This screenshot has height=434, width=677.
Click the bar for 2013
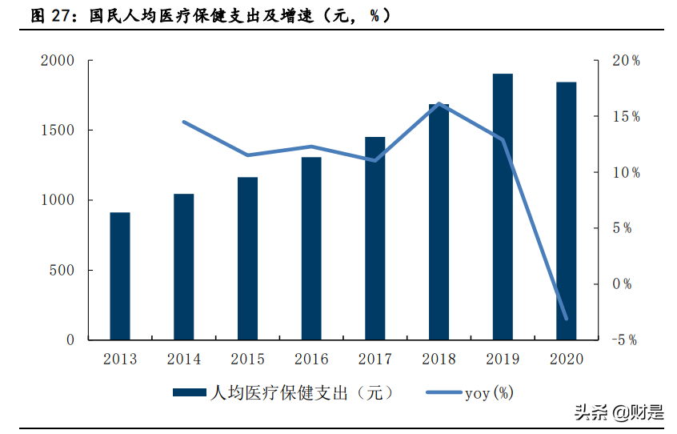tap(120, 276)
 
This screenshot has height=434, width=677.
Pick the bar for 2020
tap(567, 211)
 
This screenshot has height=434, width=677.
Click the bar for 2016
tap(311, 248)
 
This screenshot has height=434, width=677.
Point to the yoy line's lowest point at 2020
tap(567, 319)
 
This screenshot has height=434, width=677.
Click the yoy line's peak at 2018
tap(439, 104)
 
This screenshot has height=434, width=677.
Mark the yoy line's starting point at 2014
tap(184, 122)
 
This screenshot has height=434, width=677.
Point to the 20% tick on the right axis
tap(626, 61)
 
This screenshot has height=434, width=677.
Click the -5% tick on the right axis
tap(625, 340)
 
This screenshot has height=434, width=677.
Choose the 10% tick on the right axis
tap(626, 172)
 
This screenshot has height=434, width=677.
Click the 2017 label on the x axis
tap(375, 360)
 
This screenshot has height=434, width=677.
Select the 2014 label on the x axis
tap(184, 360)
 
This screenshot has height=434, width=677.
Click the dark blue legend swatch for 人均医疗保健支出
tap(189, 393)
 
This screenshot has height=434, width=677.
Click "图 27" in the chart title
tap(49, 14)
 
